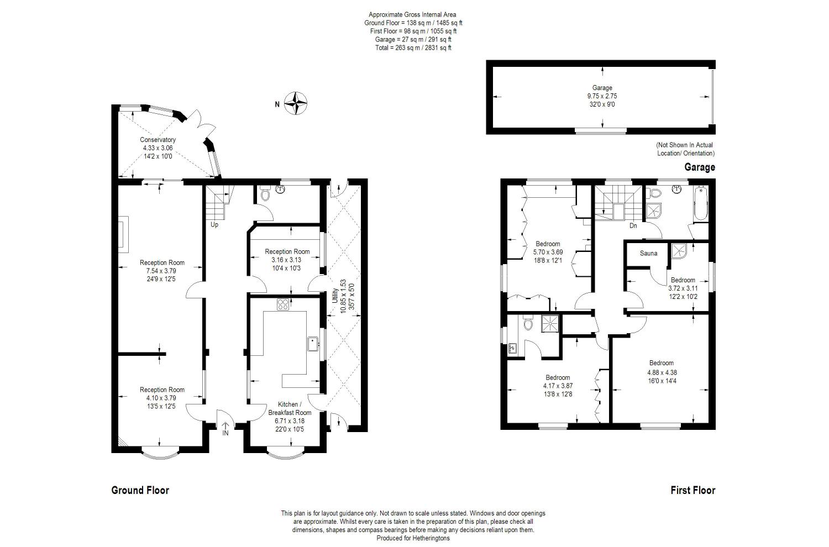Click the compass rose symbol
(296, 103)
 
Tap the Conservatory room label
(158, 140)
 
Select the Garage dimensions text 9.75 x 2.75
(602, 96)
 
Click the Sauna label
(648, 253)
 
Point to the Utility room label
(335, 296)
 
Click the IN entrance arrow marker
(225, 429)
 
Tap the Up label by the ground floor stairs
(214, 225)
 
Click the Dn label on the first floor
(633, 225)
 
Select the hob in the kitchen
(283, 304)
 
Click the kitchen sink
(313, 344)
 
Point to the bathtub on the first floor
(701, 204)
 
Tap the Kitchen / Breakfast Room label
(290, 408)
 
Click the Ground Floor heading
(140, 491)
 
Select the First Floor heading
(693, 491)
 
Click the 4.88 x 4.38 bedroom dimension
(662, 372)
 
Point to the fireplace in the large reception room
(124, 234)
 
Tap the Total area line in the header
(413, 48)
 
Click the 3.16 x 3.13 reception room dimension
(286, 260)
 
